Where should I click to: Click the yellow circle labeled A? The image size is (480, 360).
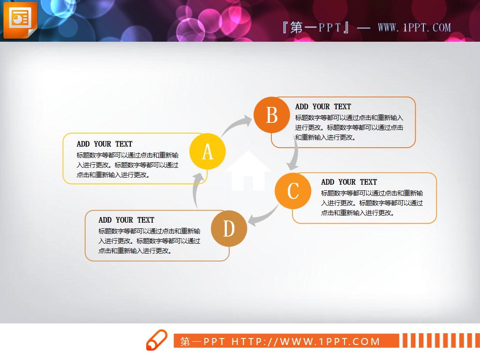(208, 151)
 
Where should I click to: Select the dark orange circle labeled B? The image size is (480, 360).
(272, 115)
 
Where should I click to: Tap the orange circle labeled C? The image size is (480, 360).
(293, 190)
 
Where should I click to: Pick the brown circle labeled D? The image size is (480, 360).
(229, 229)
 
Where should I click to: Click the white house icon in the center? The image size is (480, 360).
(248, 172)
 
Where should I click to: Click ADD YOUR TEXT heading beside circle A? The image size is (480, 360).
(105, 144)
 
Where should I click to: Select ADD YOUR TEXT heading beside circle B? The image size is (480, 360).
(323, 106)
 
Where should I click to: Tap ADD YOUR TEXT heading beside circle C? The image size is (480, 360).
(349, 182)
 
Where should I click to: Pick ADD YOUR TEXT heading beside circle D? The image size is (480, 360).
(126, 220)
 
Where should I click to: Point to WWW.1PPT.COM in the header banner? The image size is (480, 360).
(414, 28)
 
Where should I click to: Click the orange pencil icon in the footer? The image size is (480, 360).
(156, 340)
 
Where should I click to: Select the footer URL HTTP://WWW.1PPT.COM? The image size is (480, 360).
(306, 341)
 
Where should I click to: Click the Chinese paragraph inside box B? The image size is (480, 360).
(349, 127)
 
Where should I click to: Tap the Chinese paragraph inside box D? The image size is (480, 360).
(150, 241)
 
